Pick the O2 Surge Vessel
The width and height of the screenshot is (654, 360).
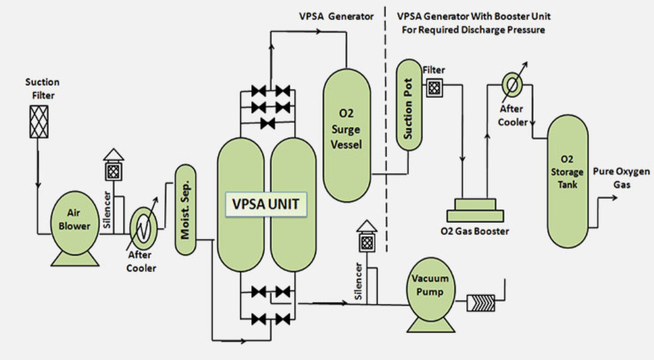point(346,136)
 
